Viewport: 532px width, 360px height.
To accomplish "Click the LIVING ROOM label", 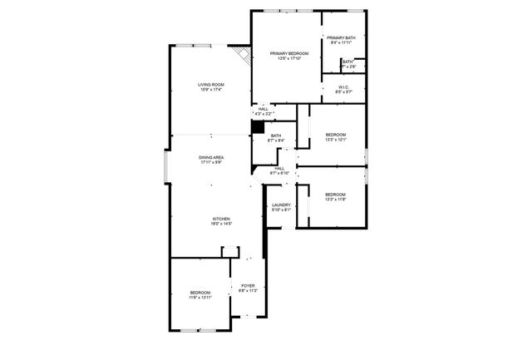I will coord(210,85).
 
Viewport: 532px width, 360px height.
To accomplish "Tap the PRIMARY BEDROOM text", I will coord(288,53).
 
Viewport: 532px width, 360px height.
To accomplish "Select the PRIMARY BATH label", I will coord(341,38).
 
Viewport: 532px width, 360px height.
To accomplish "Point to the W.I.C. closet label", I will coord(343,86).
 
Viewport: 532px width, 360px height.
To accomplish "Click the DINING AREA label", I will coord(210,157).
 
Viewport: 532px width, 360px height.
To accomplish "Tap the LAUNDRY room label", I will coord(280,205).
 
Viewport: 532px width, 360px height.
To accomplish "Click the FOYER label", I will coord(248,286).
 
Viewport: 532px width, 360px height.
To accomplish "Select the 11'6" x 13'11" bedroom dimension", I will coord(200,297).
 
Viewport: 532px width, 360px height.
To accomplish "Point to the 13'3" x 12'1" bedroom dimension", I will coord(335,139).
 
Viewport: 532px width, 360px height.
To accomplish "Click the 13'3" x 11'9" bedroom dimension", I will coord(335,199).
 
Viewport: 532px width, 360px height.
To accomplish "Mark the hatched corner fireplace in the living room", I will coord(243,55).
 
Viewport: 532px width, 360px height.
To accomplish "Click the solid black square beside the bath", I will coord(258,128).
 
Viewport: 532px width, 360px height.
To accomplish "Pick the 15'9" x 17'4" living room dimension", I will coord(210,90).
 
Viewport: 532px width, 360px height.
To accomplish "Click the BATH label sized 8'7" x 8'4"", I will coord(275,141).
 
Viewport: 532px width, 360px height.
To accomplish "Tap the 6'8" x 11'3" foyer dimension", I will coord(248,291).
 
